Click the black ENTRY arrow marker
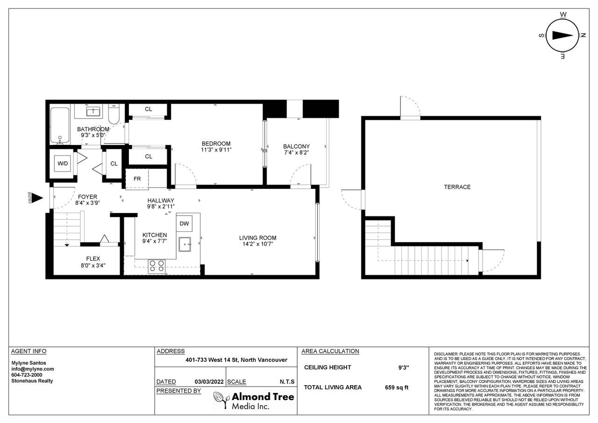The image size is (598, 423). coord(38,198)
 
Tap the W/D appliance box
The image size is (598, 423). coord(63,163)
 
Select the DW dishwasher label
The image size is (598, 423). coord(184,223)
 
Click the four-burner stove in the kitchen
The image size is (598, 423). coord(157,266)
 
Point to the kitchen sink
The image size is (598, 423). coord(185,244)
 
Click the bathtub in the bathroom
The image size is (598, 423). coord(60,126)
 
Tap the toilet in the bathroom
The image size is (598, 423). coord(114,115)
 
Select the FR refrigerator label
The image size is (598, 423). coord(137,179)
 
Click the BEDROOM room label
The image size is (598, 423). coord(216,143)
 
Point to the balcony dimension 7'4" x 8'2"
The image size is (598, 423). coord(296,152)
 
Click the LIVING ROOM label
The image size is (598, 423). coord(257,237)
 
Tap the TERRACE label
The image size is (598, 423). coord(457,187)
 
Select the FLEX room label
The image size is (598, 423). coord(93,258)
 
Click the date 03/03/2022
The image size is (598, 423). coord(209,382)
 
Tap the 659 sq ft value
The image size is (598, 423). coord(397,387)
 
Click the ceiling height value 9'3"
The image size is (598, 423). coord(404,367)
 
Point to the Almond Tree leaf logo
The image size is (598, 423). coord(221,399)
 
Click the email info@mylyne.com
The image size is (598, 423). coord(33,369)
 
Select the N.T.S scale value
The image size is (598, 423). coord(287,382)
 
